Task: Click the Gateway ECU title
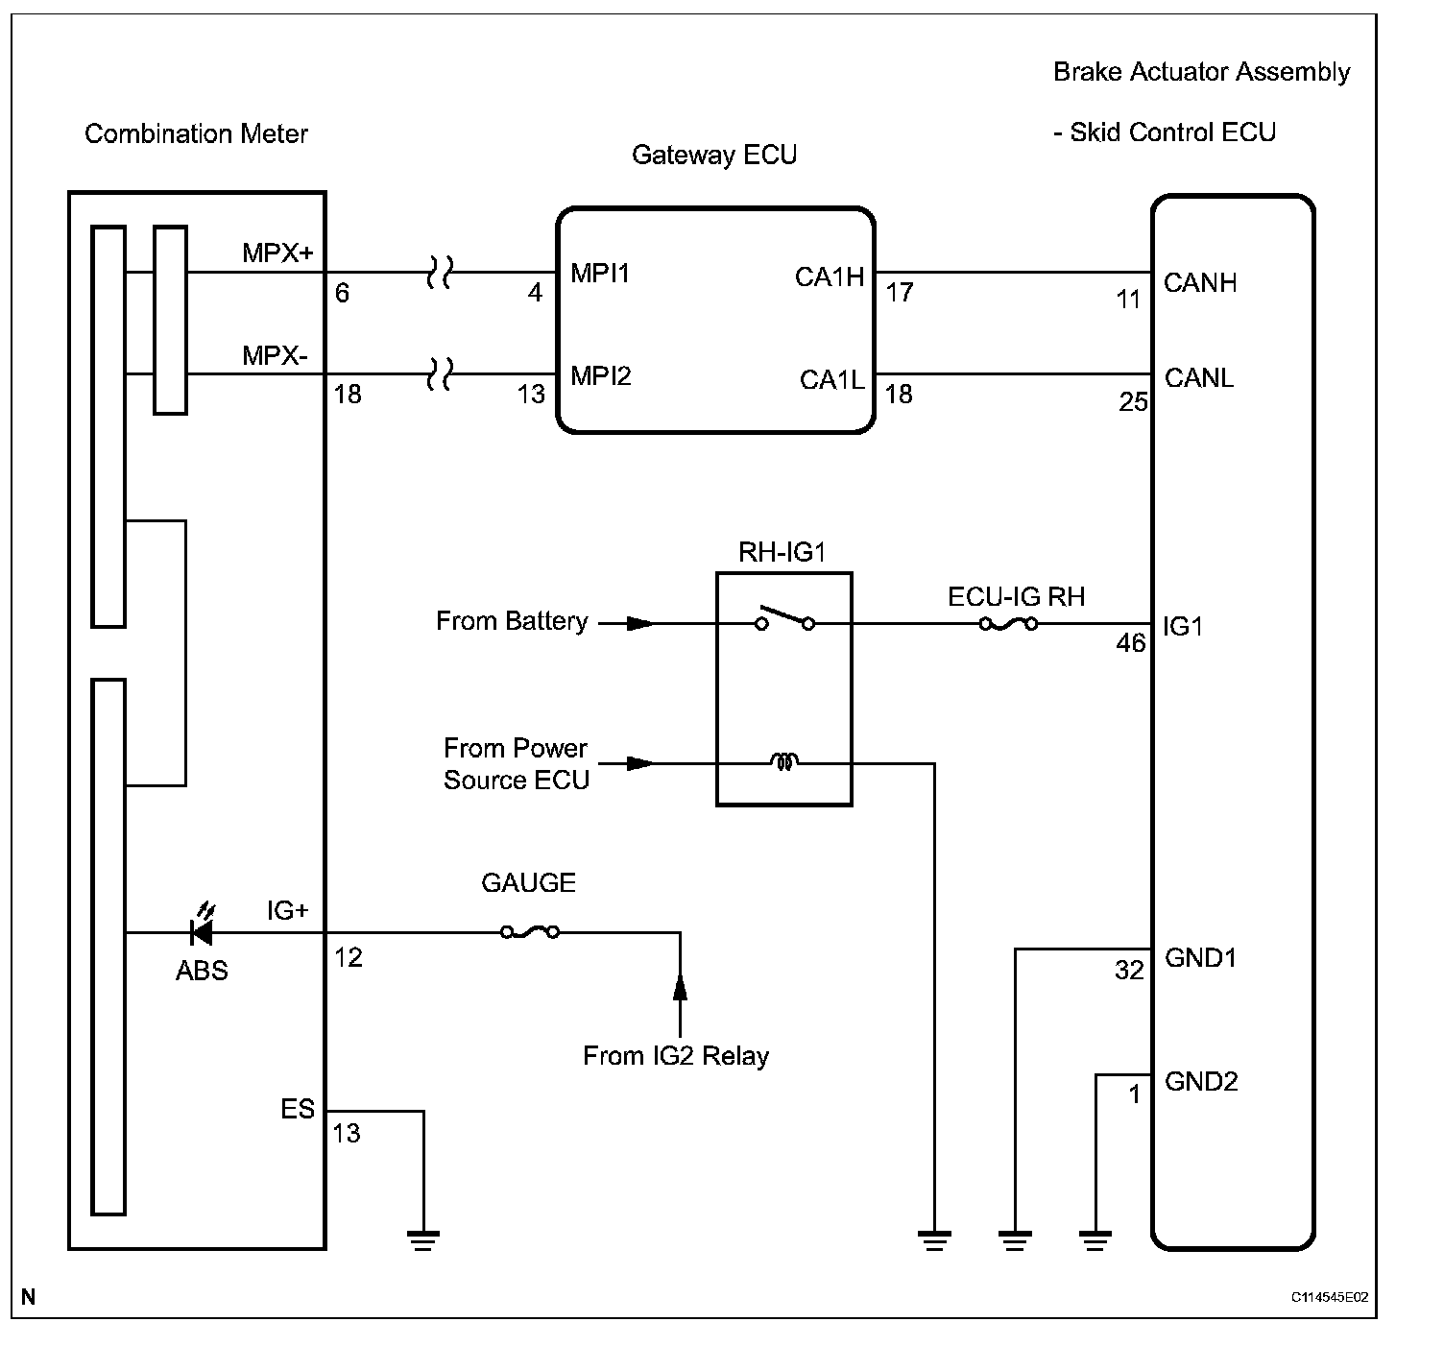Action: coord(714,155)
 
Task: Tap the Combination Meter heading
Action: coord(196,133)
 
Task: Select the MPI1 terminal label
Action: coord(600,274)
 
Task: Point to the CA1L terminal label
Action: coord(832,379)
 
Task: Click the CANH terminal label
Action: coord(1200,283)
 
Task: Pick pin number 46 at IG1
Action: coord(1131,643)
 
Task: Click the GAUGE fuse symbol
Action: coord(530,931)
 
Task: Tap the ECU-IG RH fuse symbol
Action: coord(1008,624)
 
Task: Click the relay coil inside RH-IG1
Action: coord(783,761)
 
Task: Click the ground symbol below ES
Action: coord(423,1239)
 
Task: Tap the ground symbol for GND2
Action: coord(1095,1239)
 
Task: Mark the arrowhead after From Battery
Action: coord(640,623)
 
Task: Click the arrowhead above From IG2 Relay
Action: coord(680,988)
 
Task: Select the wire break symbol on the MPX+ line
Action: coord(440,272)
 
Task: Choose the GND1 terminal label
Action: coord(1200,958)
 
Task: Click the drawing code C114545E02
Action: coord(1330,1297)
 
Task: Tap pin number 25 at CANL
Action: coord(1133,402)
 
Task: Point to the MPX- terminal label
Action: coord(275,355)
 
